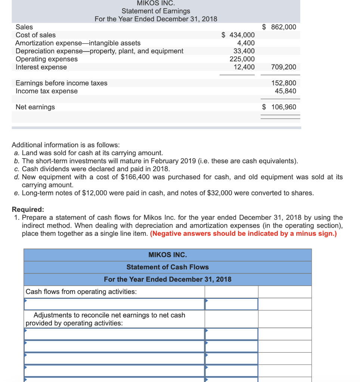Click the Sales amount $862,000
(x=279, y=27)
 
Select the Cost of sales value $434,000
(x=238, y=35)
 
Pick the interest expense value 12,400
(x=244, y=67)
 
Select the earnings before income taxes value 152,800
(x=285, y=83)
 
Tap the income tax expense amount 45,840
(x=285, y=91)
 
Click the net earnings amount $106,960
(x=279, y=107)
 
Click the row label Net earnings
(x=35, y=107)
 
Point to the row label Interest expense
(x=41, y=67)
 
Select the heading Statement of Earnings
(x=156, y=11)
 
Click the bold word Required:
(x=28, y=209)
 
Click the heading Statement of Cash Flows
(x=167, y=267)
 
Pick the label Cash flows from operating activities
(x=81, y=292)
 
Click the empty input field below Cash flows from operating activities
(x=114, y=304)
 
